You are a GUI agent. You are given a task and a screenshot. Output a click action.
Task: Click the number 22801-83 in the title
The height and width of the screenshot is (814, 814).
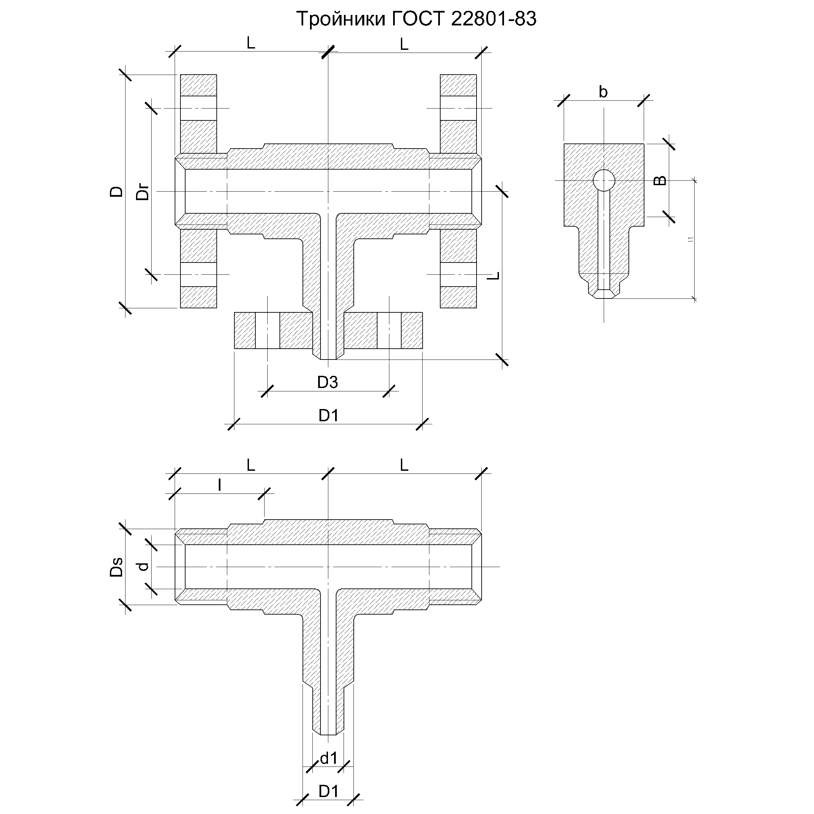click(x=493, y=19)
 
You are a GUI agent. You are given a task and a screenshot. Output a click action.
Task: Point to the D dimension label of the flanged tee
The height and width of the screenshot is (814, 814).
click(x=116, y=192)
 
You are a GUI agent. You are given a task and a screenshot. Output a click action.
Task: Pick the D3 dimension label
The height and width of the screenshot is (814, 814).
click(x=327, y=382)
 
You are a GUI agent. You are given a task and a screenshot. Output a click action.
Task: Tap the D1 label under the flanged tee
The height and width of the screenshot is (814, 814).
click(x=328, y=416)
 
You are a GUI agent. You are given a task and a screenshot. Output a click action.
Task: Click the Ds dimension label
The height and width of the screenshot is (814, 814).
click(x=116, y=567)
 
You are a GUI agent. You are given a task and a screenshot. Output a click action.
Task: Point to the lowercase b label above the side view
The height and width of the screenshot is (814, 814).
click(x=603, y=92)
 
